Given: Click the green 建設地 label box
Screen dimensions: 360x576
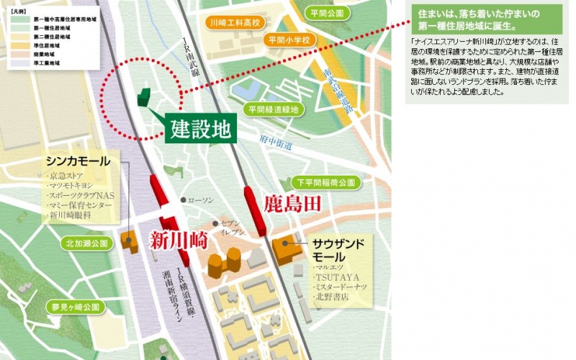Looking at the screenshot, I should tap(201, 129).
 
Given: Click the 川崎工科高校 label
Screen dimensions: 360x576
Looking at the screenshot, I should tap(233, 23).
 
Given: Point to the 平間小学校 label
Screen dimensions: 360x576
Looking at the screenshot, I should tap(290, 40).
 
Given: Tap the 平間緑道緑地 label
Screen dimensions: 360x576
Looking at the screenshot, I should tap(272, 109).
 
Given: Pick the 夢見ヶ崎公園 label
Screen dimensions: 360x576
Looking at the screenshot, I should tap(73, 307).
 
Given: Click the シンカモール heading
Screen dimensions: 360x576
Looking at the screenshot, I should tap(78, 161).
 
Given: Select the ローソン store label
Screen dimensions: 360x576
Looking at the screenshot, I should tap(203, 200).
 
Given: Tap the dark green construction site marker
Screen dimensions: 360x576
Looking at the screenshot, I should tap(144, 98).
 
